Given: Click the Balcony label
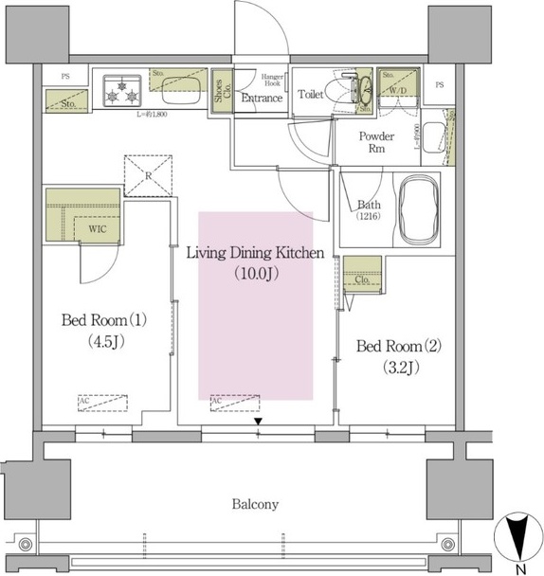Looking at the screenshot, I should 256,504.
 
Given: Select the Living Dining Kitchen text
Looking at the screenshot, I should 256,253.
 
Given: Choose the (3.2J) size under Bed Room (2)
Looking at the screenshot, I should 397,368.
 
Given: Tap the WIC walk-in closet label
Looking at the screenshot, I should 97,227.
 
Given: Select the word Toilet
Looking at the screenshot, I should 311,95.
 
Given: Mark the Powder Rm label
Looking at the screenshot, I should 375,143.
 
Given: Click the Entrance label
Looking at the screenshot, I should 262,98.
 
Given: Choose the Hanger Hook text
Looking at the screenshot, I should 261,79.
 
